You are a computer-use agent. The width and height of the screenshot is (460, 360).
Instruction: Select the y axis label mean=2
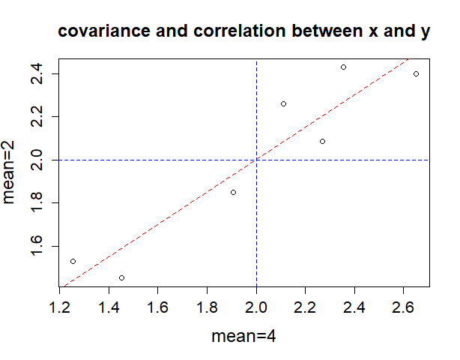[10, 173]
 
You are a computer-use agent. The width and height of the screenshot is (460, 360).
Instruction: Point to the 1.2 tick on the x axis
[60, 307]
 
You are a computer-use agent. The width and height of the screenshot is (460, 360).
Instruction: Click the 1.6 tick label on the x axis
[158, 307]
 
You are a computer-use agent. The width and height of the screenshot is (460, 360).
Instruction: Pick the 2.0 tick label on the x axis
[256, 307]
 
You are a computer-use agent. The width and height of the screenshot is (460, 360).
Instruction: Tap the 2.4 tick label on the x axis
[354, 307]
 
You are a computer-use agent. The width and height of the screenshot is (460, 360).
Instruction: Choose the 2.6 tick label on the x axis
[404, 307]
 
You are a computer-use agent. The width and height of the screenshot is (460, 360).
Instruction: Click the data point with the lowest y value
[121, 277]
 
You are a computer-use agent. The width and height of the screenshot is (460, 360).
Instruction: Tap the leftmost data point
[73, 261]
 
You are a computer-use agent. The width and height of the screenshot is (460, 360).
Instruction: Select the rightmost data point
[416, 73]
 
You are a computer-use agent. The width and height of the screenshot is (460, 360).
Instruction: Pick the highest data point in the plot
[343, 67]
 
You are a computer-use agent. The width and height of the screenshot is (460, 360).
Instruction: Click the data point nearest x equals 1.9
[233, 192]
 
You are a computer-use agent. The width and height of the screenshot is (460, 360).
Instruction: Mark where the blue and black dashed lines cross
[256, 160]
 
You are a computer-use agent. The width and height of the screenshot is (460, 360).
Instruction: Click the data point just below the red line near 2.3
[322, 141]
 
